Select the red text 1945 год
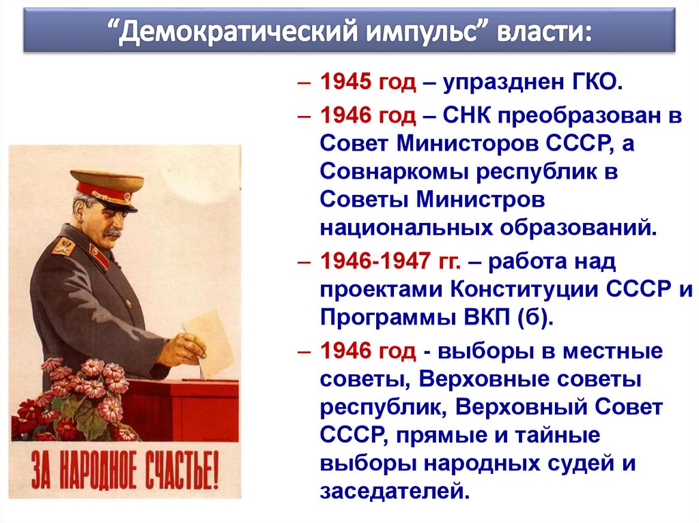coord(367,83)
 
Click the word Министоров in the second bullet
coord(470,144)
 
